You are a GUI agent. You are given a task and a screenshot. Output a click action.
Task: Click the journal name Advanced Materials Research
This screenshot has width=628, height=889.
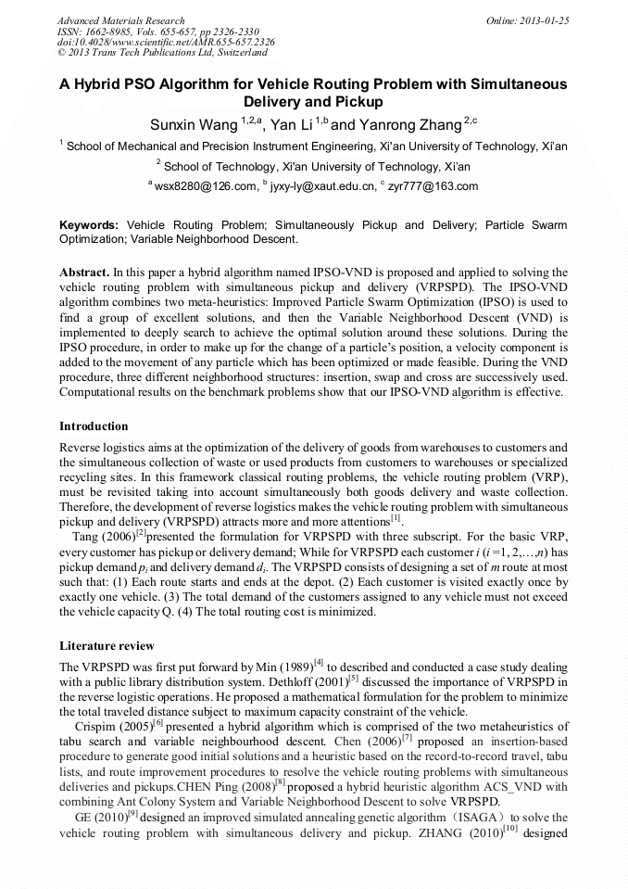click(x=121, y=20)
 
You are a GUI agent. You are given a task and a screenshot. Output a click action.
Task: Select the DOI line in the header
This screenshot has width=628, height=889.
click(x=166, y=43)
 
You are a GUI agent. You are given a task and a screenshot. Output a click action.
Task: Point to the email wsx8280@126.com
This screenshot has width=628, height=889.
click(x=205, y=186)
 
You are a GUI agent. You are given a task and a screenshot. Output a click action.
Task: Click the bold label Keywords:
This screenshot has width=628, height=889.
click(x=89, y=225)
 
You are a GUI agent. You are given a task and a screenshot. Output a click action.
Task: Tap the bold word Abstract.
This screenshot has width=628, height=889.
click(x=85, y=273)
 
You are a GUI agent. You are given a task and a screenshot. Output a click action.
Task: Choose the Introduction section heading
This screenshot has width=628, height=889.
click(x=94, y=426)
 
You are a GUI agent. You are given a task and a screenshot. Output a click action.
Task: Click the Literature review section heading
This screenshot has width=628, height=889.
click(x=107, y=645)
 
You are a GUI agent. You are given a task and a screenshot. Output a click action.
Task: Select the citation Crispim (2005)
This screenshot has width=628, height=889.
click(x=113, y=727)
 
